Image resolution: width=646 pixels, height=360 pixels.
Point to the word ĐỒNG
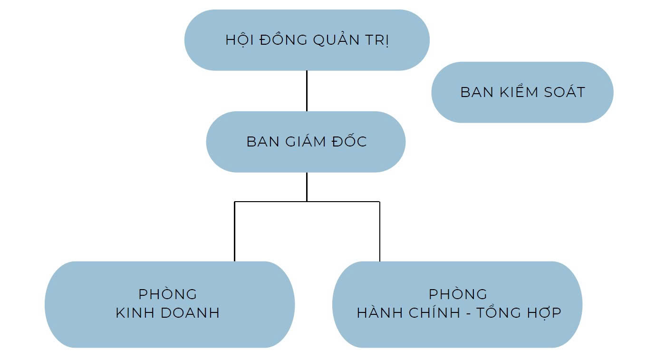point(283,40)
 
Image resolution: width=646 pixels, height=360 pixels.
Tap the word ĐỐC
point(351,142)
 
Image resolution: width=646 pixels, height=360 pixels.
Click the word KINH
point(135,313)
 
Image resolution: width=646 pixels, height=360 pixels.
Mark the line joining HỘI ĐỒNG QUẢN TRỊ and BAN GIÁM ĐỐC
point(307,91)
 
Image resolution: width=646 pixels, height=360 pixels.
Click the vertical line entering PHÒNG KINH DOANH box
point(234,232)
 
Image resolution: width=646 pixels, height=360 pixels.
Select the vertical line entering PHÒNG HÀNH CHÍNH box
point(379,232)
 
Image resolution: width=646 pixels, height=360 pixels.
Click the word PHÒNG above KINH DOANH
point(168,294)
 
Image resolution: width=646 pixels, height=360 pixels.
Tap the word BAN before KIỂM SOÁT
point(475,92)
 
